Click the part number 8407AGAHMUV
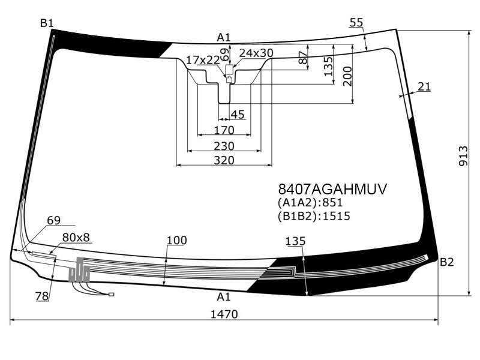[x=332, y=189]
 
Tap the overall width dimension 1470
[x=224, y=314]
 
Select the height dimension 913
[x=463, y=156]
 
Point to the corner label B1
[x=47, y=23]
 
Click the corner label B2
[x=446, y=262]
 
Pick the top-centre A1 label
[x=223, y=37]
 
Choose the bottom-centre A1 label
[x=223, y=296]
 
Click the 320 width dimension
[x=224, y=160]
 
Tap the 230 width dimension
[x=224, y=146]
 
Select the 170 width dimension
[x=224, y=130]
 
